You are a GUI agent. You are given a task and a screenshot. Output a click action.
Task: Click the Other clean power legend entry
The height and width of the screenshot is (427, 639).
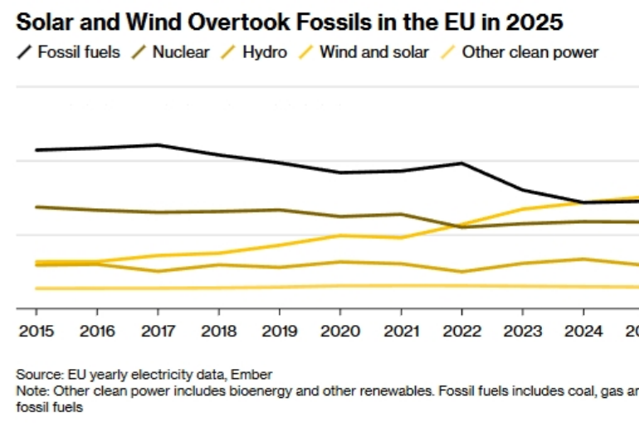click(529, 52)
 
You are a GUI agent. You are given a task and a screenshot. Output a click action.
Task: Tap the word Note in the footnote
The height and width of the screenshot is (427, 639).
click(30, 390)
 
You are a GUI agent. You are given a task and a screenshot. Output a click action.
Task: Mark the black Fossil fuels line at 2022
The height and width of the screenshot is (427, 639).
click(461, 163)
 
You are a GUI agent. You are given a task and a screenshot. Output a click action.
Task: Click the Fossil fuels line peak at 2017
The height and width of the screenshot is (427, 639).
click(158, 145)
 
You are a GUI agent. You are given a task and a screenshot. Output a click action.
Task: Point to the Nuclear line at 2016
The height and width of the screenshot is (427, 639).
click(97, 210)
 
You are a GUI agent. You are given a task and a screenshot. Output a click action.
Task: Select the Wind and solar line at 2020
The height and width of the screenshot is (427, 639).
click(340, 235)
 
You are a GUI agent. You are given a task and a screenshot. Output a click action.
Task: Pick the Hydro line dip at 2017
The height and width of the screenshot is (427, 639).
click(158, 271)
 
